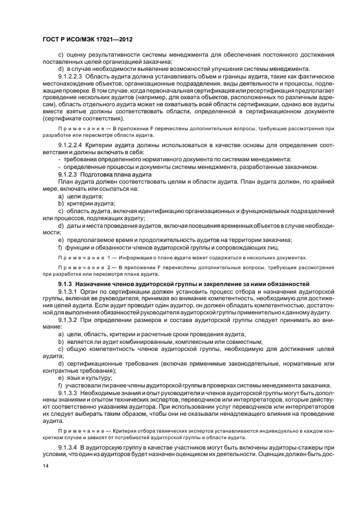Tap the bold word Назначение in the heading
click(x=94, y=284)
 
